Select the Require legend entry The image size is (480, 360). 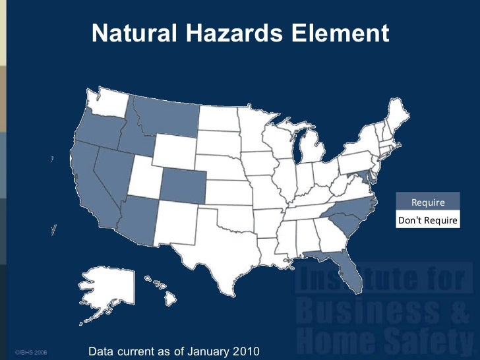(427, 202)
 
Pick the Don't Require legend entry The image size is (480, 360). (427, 220)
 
